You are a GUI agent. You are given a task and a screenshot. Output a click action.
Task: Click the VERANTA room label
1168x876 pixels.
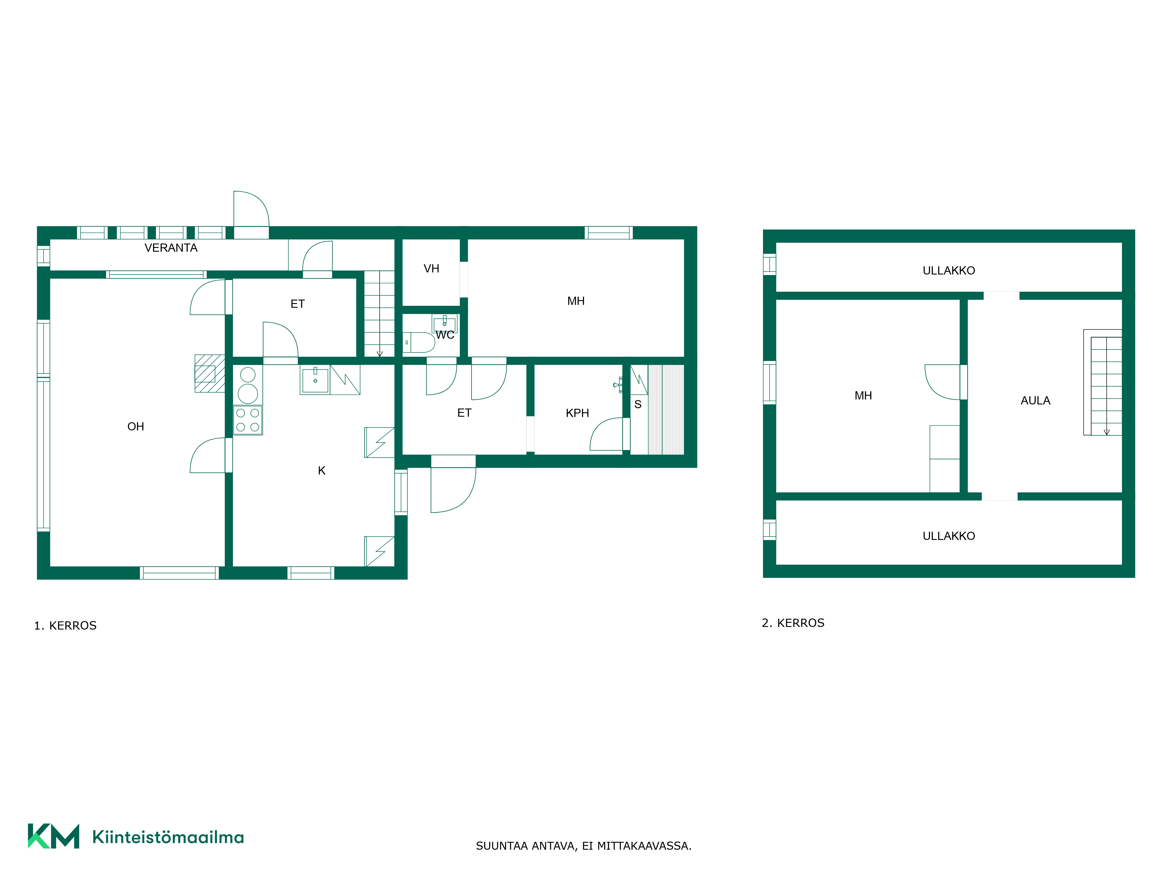pos(171,248)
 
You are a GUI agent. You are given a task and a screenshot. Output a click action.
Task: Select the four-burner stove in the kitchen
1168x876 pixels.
pos(248,420)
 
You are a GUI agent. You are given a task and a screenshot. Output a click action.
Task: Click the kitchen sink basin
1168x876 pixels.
pos(315,380)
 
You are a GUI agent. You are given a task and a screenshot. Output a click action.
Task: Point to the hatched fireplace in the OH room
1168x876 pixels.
pos(210,373)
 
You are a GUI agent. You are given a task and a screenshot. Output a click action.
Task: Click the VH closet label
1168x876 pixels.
pos(431,268)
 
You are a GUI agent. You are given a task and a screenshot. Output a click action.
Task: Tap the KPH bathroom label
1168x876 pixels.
pos(577,413)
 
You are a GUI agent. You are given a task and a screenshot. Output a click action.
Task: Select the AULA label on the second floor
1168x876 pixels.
pos(1035,400)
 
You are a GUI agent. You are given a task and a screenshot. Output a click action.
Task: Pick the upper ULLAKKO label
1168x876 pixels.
pos(949,270)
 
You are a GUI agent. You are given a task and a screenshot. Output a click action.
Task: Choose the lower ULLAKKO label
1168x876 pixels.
pos(949,536)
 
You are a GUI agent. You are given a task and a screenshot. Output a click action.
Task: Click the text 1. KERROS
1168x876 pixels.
pos(65,626)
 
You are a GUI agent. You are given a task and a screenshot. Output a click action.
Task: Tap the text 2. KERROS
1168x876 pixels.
pos(793,623)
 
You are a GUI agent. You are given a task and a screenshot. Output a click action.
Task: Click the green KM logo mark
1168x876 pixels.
pos(53,836)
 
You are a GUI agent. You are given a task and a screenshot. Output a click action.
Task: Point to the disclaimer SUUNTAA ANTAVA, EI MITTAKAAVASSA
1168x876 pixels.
pos(583,846)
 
